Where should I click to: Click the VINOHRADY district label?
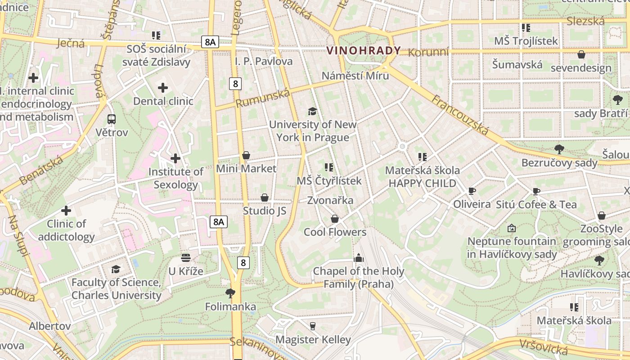364,50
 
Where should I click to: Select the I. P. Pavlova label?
264,61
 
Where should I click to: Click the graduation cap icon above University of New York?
312,111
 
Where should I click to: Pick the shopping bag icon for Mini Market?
246,155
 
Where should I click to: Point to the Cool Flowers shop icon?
335,219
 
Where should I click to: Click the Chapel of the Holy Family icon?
359,258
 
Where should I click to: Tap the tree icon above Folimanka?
230,293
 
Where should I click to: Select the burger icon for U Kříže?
186,258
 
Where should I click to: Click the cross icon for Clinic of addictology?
66,211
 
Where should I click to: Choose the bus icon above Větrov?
112,119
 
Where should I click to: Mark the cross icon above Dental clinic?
163,88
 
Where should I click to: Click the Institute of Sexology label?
176,178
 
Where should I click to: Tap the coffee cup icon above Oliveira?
472,191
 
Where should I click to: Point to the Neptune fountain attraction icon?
511,228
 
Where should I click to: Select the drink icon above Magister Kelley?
313,326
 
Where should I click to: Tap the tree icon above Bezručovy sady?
559,149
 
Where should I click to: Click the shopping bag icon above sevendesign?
581,55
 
